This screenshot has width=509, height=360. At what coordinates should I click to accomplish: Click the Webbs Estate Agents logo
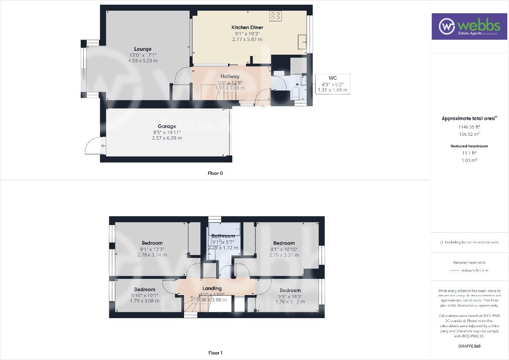tap(468, 26)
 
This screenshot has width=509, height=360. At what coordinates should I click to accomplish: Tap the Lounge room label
tap(143, 49)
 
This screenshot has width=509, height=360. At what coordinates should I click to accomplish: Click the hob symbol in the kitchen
tap(275, 16)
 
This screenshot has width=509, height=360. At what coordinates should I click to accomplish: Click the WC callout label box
tap(332, 84)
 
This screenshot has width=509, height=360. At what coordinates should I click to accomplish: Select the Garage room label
tap(167, 126)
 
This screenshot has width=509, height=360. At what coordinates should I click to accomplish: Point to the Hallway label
tap(230, 76)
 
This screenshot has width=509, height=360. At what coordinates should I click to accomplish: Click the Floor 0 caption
tap(215, 173)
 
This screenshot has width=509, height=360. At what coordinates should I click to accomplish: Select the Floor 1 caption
tap(215, 353)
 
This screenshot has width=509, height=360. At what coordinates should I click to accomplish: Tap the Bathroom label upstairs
tap(223, 236)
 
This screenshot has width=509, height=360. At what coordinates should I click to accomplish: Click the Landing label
tap(212, 288)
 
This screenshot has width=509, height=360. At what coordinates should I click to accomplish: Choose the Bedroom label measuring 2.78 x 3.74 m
tap(152, 243)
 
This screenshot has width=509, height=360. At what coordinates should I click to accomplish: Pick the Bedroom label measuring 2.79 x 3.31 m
tap(284, 243)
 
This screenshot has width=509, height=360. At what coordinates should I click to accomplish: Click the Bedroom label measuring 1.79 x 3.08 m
tap(144, 290)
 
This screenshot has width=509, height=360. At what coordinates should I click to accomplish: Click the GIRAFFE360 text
tap(468, 346)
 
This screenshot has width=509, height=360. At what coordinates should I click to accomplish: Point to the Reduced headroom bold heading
tap(469, 146)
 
